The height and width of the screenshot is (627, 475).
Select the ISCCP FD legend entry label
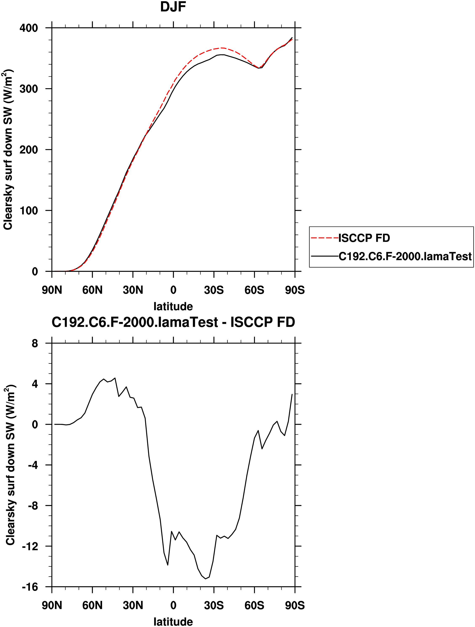(364, 238)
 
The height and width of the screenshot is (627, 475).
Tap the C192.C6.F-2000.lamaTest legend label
(405, 256)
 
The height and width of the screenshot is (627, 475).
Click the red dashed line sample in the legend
(325, 238)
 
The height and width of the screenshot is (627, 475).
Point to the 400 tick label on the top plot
(28, 28)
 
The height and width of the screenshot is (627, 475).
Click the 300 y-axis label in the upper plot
(28, 89)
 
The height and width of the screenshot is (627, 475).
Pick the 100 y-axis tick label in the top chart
(28, 211)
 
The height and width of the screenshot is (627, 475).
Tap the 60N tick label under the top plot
(92, 290)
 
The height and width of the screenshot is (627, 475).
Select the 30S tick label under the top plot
(214, 290)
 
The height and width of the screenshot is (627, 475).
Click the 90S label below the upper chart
(295, 290)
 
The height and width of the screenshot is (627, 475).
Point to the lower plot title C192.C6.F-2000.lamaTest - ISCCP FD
(173, 322)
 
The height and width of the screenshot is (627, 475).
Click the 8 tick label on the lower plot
(35, 344)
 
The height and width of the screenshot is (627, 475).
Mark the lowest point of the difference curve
(205, 579)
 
